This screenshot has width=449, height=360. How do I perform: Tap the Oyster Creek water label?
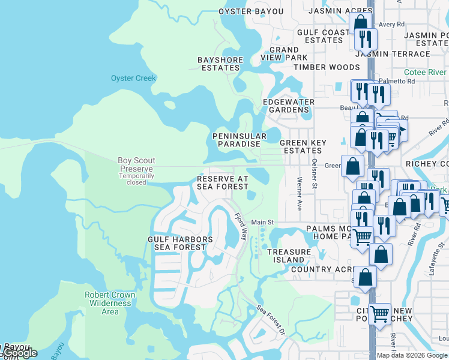point(133,78)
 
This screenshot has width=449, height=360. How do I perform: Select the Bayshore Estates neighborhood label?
point(221,64)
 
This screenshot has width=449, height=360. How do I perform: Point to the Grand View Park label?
point(284,53)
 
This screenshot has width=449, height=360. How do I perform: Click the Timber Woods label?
point(327,68)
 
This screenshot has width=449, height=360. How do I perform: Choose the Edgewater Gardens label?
point(288,106)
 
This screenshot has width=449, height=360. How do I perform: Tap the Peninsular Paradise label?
point(237,140)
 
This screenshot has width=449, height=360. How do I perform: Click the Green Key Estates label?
point(303,147)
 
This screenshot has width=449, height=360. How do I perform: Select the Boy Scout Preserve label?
point(136,165)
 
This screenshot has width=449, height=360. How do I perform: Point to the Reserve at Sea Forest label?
point(223,182)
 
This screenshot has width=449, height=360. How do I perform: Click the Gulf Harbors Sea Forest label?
point(180,243)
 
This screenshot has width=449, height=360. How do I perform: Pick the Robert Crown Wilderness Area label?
point(110,303)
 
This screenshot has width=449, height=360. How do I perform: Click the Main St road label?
point(262,222)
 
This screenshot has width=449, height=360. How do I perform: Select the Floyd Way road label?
point(241,227)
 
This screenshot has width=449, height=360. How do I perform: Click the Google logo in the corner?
point(19,353)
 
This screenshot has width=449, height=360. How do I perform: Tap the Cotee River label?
point(425,72)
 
